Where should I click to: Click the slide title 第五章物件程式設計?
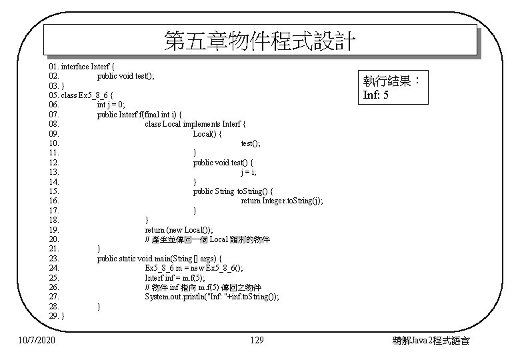pos(260,42)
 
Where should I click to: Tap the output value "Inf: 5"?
pos(376,95)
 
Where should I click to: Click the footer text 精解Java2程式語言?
pos(431,341)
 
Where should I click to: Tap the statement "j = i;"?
pos(249,172)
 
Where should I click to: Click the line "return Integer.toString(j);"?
pos(282,201)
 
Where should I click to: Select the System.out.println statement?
pos(212,297)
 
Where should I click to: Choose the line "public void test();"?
pos(126,76)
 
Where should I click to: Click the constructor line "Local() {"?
pos(207,134)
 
